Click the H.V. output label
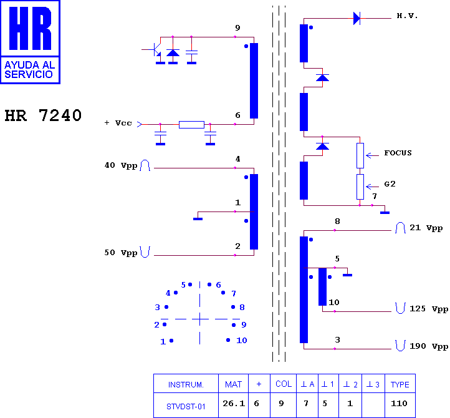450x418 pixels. (x=406, y=16)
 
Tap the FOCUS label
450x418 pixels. (x=398, y=153)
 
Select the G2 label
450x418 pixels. (x=390, y=184)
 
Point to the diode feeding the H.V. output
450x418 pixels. (x=357, y=18)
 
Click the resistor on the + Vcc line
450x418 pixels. (x=191, y=125)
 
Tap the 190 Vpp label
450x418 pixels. (x=428, y=346)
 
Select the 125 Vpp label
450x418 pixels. (x=428, y=309)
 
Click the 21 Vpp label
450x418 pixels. (x=426, y=228)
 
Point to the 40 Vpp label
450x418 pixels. (x=121, y=165)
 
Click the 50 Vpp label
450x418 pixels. (x=121, y=253)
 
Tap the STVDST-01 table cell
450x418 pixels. (x=186, y=407)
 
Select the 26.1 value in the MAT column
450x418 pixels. (x=234, y=404)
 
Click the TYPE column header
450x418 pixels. (x=400, y=384)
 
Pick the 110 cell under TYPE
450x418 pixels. (x=399, y=404)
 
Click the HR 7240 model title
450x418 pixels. (x=43, y=115)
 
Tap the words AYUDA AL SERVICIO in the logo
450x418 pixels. (x=29, y=69)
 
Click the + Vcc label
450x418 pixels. (x=118, y=123)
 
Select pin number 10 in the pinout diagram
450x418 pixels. (x=242, y=341)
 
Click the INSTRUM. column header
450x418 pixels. (x=186, y=385)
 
